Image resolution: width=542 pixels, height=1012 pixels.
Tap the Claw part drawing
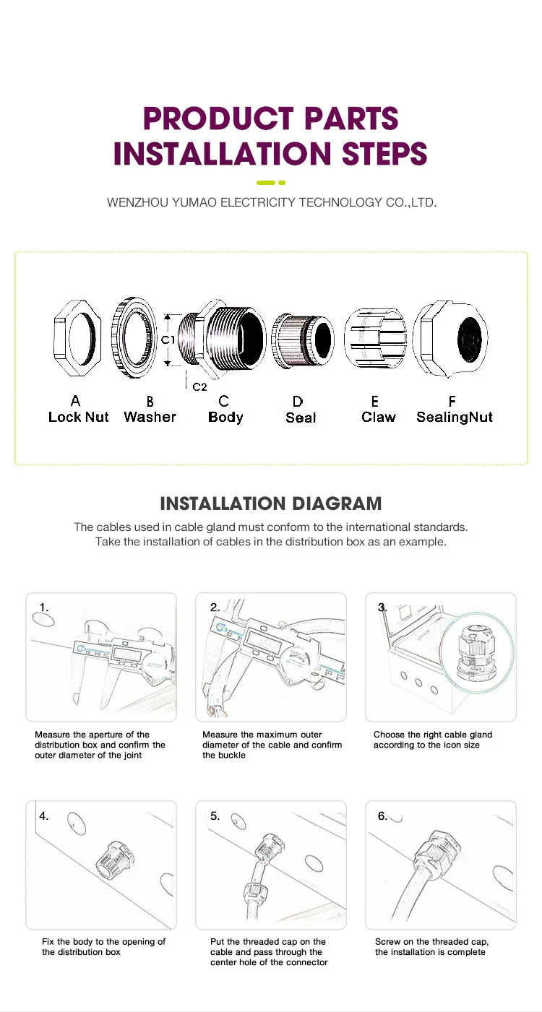pos(375,338)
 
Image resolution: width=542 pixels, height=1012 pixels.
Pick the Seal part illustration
pos(303,340)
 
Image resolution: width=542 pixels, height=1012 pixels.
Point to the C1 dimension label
pos(168,340)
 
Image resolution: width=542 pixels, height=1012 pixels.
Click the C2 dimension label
pos(199,386)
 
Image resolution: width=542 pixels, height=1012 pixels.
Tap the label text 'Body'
pos(225,417)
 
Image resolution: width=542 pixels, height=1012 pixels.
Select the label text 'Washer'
pos(150,417)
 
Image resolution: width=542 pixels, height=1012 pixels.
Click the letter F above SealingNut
pos(452,401)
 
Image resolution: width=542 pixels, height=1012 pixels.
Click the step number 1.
pos(44,607)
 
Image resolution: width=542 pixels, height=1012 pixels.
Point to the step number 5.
pos(215,816)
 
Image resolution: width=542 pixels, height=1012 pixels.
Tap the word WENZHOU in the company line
pos(137,202)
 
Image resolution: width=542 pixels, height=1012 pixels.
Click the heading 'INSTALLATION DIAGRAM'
pos(271,503)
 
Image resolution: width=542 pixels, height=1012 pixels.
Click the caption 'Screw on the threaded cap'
pos(431,941)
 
